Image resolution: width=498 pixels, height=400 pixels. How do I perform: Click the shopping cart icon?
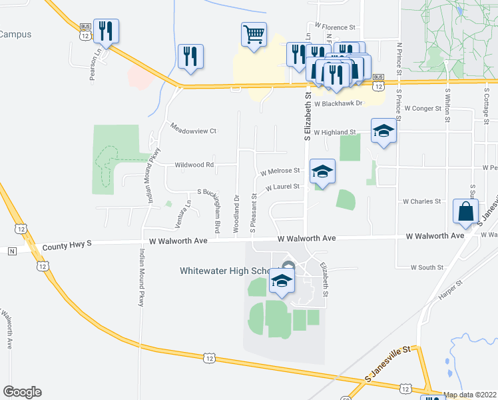click(253, 33)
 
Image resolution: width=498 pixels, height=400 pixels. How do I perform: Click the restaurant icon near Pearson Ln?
click(106, 30)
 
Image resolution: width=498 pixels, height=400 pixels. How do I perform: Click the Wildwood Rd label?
click(194, 164)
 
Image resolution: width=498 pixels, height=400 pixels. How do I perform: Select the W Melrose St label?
click(280, 171)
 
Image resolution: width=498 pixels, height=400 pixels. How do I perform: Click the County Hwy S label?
click(66, 246)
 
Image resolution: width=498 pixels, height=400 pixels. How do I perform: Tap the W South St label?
click(427, 267)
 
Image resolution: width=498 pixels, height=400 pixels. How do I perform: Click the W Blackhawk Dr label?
click(339, 103)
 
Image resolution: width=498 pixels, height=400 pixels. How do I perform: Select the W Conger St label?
click(423, 108)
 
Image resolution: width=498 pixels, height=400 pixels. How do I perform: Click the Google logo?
click(22, 392)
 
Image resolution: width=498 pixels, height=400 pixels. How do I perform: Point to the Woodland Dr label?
click(236, 213)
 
